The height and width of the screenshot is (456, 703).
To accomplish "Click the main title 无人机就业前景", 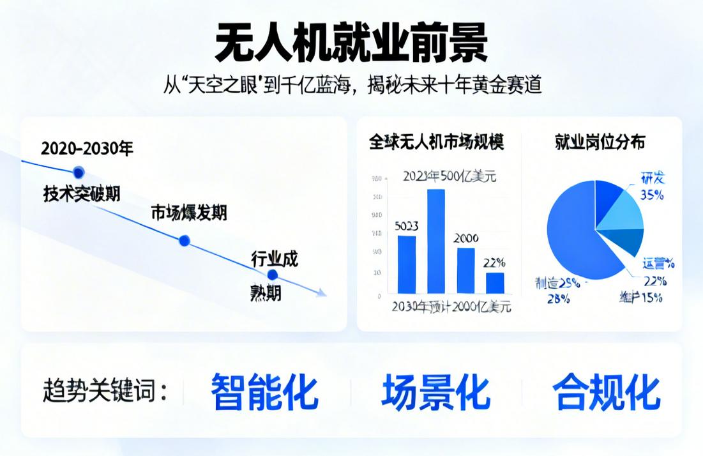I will (351, 43).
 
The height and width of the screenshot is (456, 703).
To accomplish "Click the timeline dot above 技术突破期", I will (79, 172).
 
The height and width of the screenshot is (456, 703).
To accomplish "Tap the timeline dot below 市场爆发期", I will (185, 241).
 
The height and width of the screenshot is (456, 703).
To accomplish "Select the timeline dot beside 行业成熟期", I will (273, 275).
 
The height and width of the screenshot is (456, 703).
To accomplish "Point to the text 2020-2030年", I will (87, 149).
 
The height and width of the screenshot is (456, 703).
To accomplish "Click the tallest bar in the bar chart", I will (435, 241).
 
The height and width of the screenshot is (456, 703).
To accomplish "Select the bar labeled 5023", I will (407, 264).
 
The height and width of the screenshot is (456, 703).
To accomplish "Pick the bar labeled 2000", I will (465, 270).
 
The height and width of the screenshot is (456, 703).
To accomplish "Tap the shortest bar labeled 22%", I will (495, 282).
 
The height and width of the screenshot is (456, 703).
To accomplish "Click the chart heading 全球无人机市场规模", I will (436, 142).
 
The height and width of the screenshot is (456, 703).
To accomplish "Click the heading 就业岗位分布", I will (600, 142).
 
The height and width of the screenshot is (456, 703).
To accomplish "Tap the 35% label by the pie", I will (651, 195).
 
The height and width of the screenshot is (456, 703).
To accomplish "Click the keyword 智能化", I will (264, 391).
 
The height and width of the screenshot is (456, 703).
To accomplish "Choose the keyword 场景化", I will (435, 391).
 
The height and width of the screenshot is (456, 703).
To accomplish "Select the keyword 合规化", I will (606, 391).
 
